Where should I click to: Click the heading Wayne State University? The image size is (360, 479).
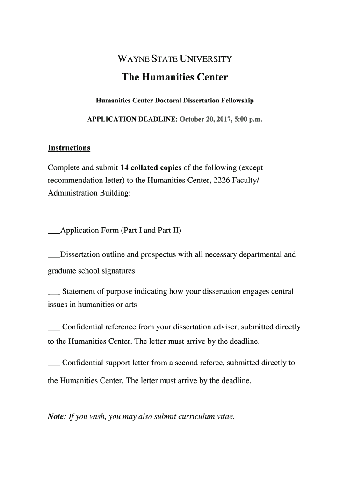[x=174, y=59]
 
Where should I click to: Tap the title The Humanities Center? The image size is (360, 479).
[x=175, y=77]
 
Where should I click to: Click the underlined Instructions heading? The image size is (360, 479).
[x=69, y=148]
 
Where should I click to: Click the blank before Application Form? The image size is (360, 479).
[x=54, y=231]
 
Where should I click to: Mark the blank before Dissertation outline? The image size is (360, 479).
[x=54, y=255]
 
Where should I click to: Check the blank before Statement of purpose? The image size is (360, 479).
[x=54, y=293]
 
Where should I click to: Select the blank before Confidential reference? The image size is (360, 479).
[x=54, y=327]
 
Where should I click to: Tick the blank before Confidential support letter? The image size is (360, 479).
[x=54, y=363]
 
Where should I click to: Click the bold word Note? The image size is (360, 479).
[x=56, y=417]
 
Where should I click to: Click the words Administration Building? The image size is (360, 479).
[x=89, y=193]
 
